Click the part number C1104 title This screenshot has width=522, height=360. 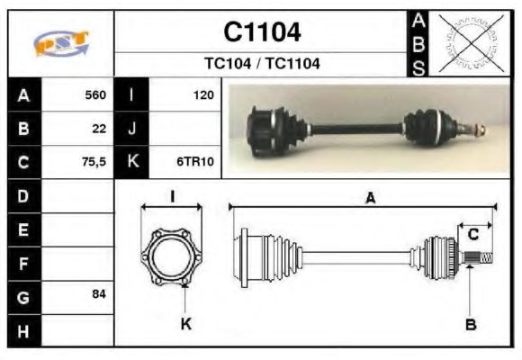(261, 32)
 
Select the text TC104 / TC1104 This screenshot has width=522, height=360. (261, 64)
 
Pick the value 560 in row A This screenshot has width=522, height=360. (94, 94)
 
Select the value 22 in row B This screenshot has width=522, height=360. (99, 129)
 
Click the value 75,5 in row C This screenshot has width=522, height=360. (93, 163)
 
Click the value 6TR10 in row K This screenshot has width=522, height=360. (193, 163)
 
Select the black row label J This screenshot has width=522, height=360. (132, 129)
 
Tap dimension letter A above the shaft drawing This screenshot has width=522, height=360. (370, 200)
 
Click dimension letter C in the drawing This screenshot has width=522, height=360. (472, 235)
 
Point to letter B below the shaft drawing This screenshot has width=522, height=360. (471, 324)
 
